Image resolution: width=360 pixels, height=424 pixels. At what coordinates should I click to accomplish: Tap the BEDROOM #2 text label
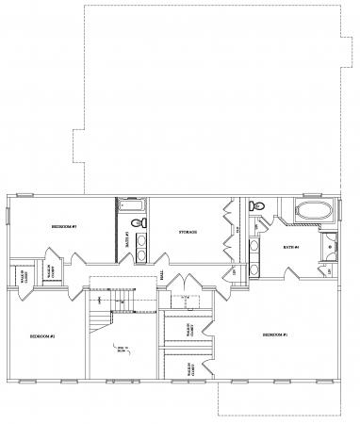(x=42, y=336)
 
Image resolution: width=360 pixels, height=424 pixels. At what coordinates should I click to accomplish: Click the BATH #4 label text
(x=290, y=248)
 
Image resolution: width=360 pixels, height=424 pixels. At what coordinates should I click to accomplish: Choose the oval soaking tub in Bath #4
(x=310, y=210)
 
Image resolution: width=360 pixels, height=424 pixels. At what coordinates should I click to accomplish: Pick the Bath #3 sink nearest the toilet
(x=140, y=241)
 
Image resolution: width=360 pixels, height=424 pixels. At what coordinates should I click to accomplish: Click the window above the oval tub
(x=311, y=195)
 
